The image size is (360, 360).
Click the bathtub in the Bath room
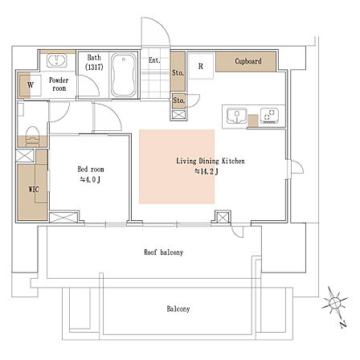pyautogui.click(x=124, y=76)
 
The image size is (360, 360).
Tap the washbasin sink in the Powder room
pyautogui.click(x=57, y=60)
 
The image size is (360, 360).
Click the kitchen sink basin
pyautogui.click(x=237, y=116)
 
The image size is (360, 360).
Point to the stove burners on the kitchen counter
pyautogui.click(x=270, y=115)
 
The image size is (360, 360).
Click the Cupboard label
pyautogui.click(x=248, y=61)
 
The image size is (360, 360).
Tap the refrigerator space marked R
pyautogui.click(x=201, y=66)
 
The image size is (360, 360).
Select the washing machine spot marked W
pyautogui.click(x=31, y=85)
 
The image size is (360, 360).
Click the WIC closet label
pyautogui.click(x=34, y=190)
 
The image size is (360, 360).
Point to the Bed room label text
pyautogui.click(x=91, y=170)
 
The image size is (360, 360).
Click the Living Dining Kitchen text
pyautogui.click(x=211, y=161)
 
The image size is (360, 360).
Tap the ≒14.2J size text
pyautogui.click(x=207, y=172)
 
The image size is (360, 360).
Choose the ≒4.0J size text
pyautogui.click(x=90, y=180)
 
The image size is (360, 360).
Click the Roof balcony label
pyautogui.click(x=164, y=252)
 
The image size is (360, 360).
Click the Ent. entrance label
pyautogui.click(x=154, y=60)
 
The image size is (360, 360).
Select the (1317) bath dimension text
pyautogui.click(x=94, y=67)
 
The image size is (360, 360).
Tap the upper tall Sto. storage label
pyautogui.click(x=178, y=72)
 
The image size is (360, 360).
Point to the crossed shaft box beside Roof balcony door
pyautogui.click(x=223, y=218)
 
